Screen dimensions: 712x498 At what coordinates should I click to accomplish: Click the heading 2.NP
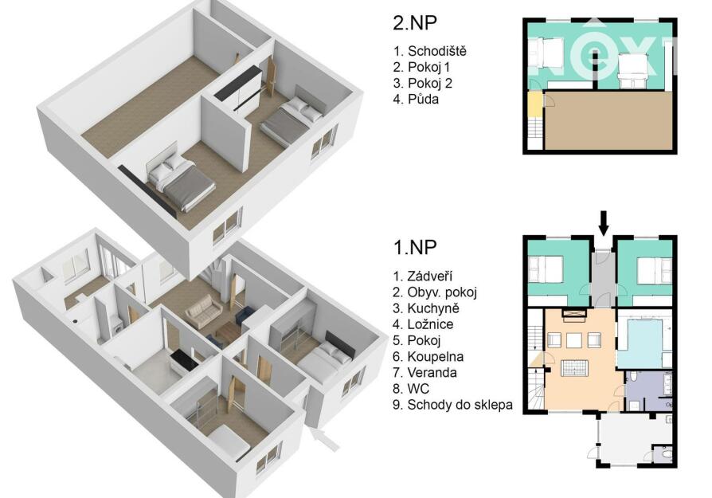(415, 24)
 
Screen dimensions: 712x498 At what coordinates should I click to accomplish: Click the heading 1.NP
(415, 248)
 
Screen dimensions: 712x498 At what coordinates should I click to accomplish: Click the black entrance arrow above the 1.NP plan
(604, 223)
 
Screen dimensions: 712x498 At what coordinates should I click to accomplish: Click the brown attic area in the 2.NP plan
(608, 120)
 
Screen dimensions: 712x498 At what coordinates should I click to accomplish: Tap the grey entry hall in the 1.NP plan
(604, 278)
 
